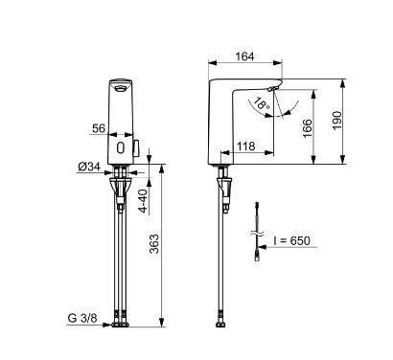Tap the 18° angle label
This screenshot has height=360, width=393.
click(260, 102)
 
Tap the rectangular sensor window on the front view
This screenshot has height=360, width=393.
click(119, 148)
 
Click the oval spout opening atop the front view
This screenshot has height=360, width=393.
click(119, 83)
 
